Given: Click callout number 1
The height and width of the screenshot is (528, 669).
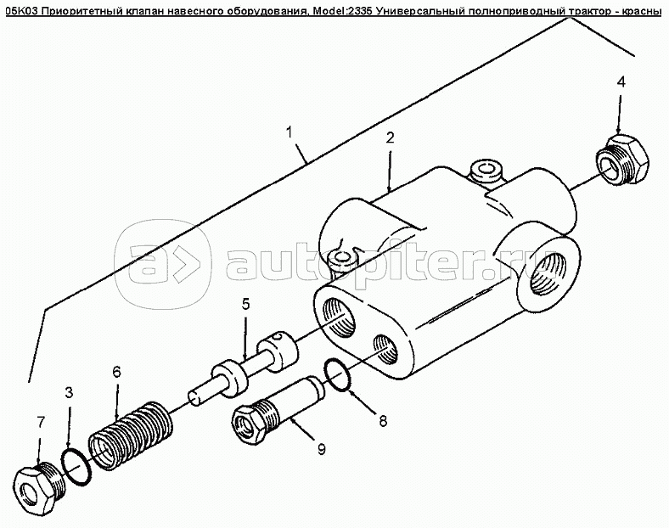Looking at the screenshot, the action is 290,132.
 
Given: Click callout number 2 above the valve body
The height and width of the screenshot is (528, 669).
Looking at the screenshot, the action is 390,138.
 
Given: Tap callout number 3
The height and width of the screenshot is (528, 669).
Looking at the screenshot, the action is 70,392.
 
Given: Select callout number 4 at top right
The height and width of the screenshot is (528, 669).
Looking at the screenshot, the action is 621,81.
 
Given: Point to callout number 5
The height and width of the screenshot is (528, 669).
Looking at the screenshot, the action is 245,304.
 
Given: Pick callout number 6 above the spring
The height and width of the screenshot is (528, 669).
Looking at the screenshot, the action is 116,372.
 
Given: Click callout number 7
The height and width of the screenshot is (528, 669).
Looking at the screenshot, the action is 40,422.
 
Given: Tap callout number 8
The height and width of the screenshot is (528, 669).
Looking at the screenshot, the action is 383,421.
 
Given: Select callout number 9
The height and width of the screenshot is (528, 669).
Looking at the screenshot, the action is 321,448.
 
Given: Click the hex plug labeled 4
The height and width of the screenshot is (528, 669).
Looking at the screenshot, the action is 622,160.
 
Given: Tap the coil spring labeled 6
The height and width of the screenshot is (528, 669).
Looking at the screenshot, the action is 132,435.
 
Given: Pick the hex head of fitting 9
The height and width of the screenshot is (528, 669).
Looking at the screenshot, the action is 248,424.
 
